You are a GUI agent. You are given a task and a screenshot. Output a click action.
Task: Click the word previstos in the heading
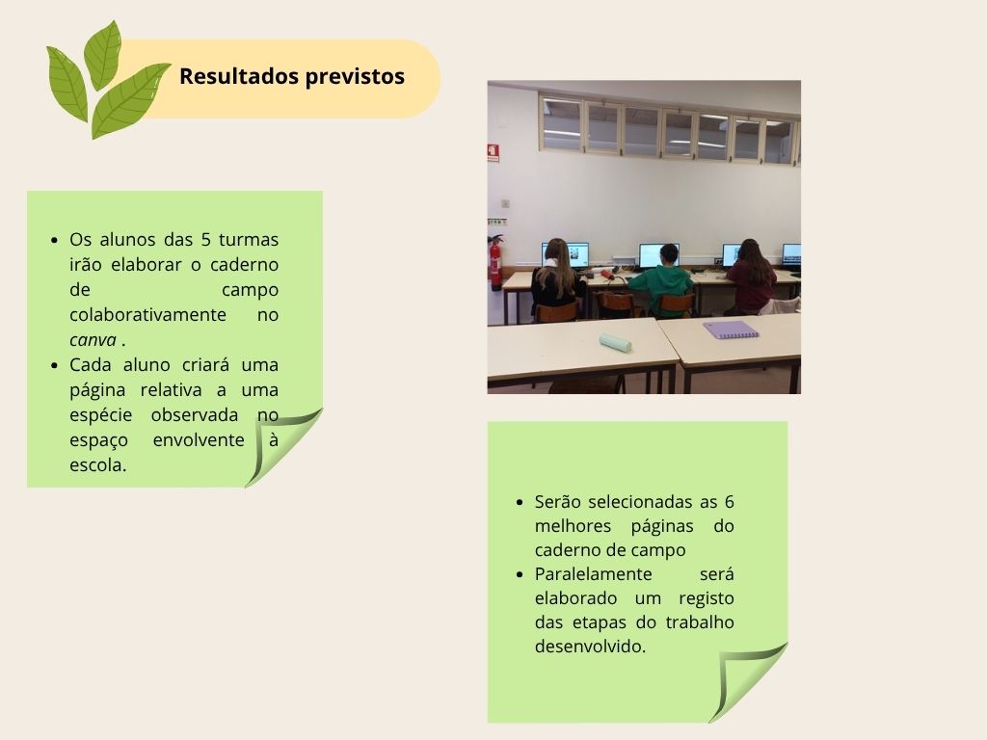click(x=355, y=77)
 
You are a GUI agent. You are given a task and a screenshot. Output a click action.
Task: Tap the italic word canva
click(x=93, y=340)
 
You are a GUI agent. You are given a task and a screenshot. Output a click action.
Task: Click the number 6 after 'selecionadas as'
click(x=729, y=502)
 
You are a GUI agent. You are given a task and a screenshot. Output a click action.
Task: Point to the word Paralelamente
click(x=593, y=574)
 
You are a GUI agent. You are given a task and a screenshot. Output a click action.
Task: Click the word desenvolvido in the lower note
click(x=589, y=647)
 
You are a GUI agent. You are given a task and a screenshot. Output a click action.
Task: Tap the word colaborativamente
click(x=147, y=315)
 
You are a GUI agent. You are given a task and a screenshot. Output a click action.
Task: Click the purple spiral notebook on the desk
click(x=731, y=330)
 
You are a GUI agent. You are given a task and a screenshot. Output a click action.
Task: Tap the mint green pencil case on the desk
click(x=615, y=343)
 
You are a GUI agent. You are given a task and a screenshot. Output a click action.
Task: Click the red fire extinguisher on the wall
click(x=496, y=262)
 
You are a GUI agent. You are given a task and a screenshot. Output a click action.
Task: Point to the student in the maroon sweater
click(x=751, y=277)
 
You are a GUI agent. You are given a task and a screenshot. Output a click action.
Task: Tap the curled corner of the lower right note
click(x=748, y=682)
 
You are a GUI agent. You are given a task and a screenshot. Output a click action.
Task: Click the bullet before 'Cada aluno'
click(x=55, y=365)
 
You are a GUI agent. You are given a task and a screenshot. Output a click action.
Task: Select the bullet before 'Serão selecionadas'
click(x=520, y=503)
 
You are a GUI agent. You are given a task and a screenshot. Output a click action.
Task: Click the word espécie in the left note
click(x=100, y=416)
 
